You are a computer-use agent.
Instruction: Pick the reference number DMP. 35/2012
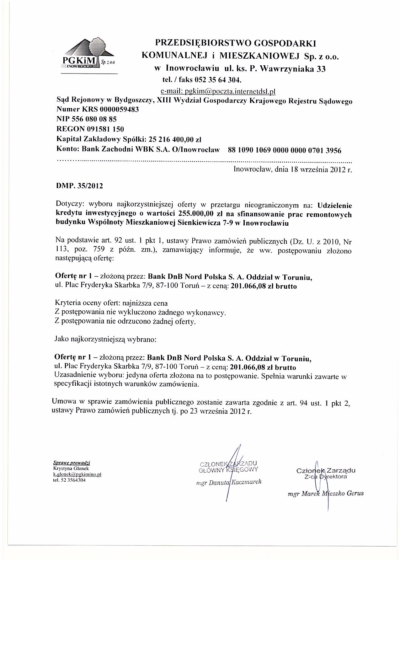[x=79, y=186]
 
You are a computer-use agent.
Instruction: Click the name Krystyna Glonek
[x=67, y=469]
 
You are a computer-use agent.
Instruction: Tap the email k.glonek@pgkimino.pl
[x=77, y=475]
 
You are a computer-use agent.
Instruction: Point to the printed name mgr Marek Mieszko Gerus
[x=326, y=493]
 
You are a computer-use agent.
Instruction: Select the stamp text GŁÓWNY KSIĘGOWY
[x=228, y=470]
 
